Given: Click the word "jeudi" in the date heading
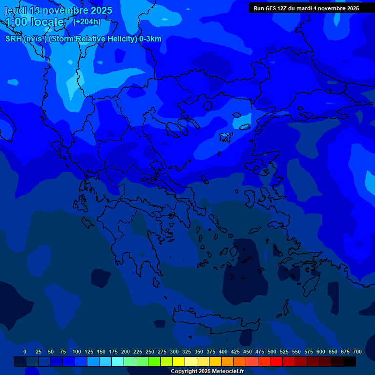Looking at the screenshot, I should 16,10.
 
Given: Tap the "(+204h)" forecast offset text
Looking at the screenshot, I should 87,21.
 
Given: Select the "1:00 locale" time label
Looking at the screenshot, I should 34,22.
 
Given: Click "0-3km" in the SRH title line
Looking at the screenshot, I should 150,39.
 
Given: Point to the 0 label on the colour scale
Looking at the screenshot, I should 25,352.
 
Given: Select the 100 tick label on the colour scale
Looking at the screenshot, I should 77,352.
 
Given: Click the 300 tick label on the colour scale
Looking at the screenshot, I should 174,352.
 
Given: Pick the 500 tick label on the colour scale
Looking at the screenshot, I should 272,352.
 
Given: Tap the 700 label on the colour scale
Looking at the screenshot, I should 357,352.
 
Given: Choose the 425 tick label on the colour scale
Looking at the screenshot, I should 235,352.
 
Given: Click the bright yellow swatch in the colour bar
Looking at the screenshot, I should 179,362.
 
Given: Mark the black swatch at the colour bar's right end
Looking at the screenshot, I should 350,362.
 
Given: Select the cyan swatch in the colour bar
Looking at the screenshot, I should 118,362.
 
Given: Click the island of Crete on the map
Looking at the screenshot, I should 215,322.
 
